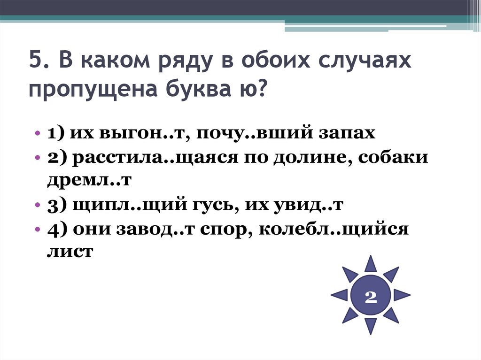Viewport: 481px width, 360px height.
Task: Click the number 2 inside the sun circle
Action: pos(371,296)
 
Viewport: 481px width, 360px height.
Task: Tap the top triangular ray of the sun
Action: pos(371,264)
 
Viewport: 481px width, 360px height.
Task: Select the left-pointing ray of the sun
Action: pos(340,295)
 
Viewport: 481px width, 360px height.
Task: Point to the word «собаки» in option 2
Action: pos(394,157)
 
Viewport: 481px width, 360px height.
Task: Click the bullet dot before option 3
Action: pos(38,206)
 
